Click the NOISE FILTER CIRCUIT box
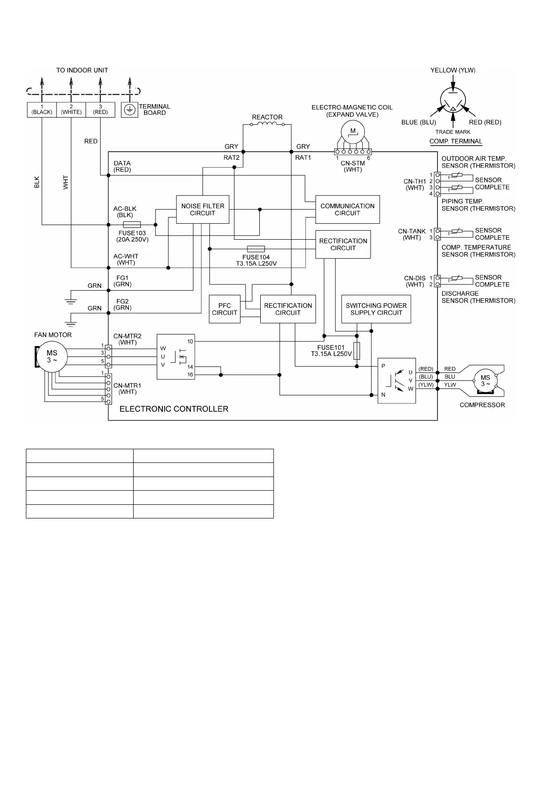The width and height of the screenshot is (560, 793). (x=202, y=210)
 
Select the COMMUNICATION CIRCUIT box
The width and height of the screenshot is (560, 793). (x=347, y=210)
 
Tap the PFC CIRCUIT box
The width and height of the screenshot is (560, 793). (x=224, y=309)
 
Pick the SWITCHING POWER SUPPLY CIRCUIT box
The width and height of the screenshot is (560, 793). (x=376, y=309)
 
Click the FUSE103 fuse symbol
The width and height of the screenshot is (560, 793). (x=131, y=225)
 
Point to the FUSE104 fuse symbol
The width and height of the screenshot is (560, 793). (x=256, y=249)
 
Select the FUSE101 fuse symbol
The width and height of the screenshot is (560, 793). (x=357, y=351)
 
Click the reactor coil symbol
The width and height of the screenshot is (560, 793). (x=267, y=124)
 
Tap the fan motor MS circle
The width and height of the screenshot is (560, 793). (x=52, y=356)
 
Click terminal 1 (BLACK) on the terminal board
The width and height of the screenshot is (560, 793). (x=42, y=110)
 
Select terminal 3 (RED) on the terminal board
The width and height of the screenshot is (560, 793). (x=100, y=110)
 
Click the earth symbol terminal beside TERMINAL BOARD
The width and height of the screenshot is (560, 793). (x=129, y=110)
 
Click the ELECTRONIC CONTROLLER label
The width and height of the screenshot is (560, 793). (x=174, y=409)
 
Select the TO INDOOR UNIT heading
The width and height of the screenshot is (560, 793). (x=82, y=70)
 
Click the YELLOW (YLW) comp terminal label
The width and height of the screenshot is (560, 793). (x=453, y=70)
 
